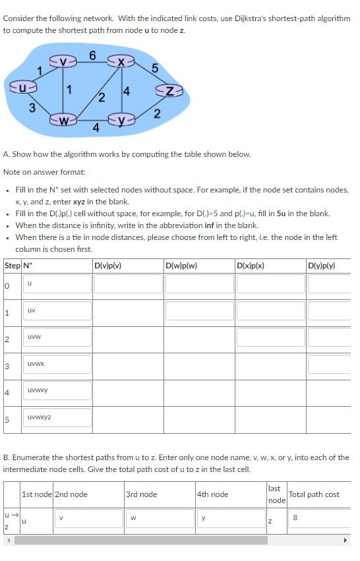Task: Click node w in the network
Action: (x=64, y=121)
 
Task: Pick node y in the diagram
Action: (x=121, y=121)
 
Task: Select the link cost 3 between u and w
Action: (x=32, y=108)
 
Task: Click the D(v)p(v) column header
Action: (x=107, y=266)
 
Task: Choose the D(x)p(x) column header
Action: (x=250, y=266)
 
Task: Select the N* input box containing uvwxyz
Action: (x=58, y=417)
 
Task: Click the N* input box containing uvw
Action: (x=58, y=337)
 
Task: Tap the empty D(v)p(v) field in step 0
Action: (x=128, y=283)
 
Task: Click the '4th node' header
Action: (x=212, y=494)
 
